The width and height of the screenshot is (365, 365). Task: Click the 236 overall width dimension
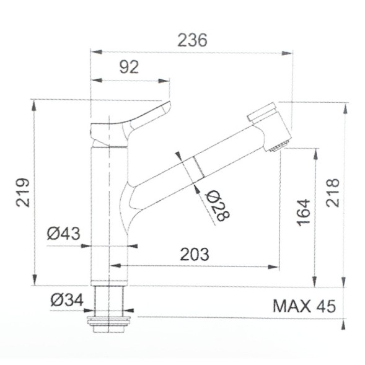[192, 40]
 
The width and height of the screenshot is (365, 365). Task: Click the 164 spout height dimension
[303, 212]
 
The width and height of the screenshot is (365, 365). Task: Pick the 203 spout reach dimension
[194, 254]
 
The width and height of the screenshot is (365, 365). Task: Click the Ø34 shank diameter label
[66, 300]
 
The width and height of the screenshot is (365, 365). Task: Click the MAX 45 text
[304, 306]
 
